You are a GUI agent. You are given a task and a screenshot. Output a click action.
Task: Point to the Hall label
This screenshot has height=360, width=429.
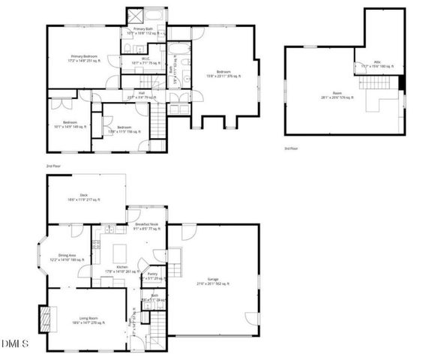pos(140,95)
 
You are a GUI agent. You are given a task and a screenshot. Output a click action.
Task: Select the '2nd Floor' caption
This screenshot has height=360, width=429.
pos(53,165)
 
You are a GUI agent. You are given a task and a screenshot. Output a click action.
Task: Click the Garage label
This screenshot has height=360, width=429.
pos(212,283)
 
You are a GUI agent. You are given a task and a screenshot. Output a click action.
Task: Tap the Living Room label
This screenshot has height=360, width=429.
pos(88,320)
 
